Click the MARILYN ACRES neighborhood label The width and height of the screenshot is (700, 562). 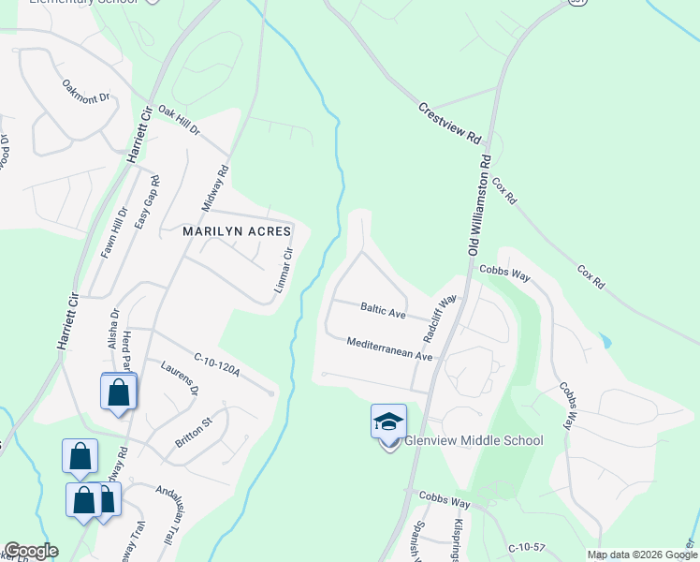tap(237, 230)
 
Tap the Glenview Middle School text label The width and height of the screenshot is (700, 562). tap(474, 440)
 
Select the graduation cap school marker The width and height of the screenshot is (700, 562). tap(388, 423)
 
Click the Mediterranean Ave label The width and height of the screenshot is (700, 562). tap(389, 349)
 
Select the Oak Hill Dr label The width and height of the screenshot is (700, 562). tap(179, 120)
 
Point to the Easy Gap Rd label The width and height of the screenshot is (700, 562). tap(148, 201)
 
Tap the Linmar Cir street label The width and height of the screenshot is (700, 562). tap(284, 270)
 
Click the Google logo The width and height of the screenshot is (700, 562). tap(31, 551)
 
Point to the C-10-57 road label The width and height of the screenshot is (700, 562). tap(527, 547)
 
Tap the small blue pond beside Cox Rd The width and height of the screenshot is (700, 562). tap(605, 341)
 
